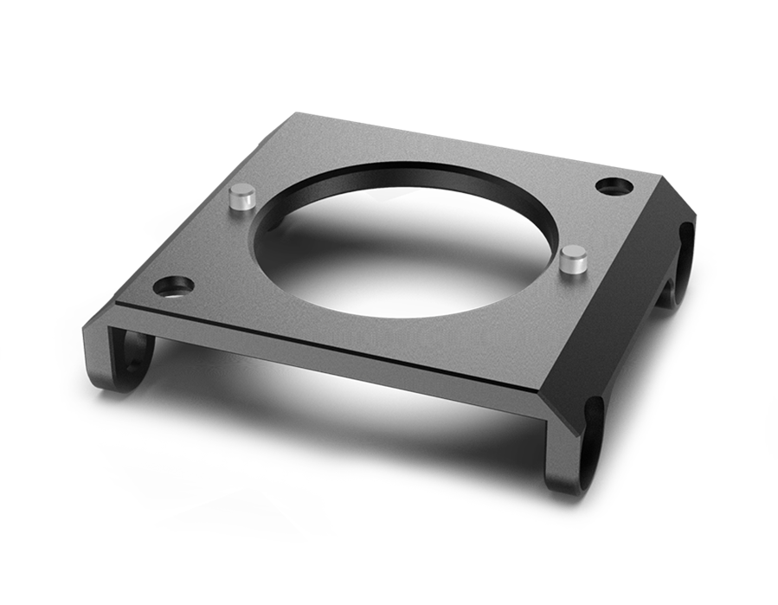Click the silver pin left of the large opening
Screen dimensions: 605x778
point(241,199)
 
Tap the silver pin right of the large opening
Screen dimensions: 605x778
point(570,261)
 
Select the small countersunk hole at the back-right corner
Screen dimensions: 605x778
point(615,185)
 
